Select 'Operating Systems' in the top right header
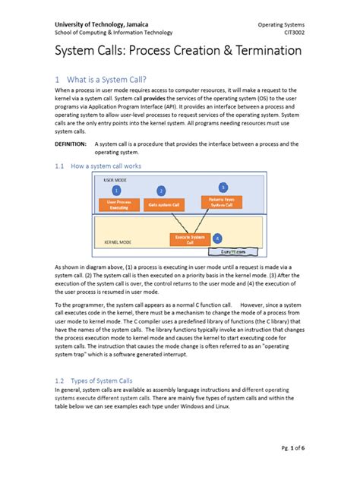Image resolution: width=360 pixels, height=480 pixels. pyautogui.click(x=277, y=22)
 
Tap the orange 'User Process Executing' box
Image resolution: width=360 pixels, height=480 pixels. pyautogui.click(x=119, y=205)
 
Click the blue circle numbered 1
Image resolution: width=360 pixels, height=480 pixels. pyautogui.click(x=116, y=189)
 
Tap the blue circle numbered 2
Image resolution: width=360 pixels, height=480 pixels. pyautogui.click(x=161, y=191)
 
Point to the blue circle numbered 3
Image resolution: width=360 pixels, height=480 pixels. pyautogui.click(x=223, y=187)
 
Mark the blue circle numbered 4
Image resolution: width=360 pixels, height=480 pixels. pyautogui.click(x=217, y=238)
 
